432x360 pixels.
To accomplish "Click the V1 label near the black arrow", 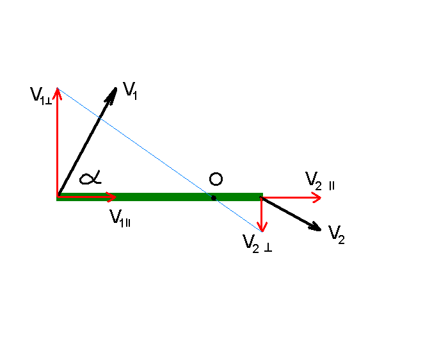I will [x=131, y=91].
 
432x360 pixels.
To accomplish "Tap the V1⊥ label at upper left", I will [x=40, y=95].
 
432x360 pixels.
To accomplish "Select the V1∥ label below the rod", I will [x=121, y=218].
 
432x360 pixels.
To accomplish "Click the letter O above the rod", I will [x=216, y=177].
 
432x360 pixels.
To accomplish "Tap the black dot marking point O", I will [x=214, y=197].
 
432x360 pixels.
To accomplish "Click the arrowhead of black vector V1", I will [x=115, y=91].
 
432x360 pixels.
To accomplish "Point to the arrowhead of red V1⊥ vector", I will [x=58, y=91].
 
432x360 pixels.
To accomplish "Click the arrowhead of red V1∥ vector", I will [x=113, y=196].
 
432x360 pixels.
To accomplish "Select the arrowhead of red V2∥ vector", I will [x=317, y=197].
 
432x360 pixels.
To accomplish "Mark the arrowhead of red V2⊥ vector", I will [x=262, y=227].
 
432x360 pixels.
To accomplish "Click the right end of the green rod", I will [x=260, y=197].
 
